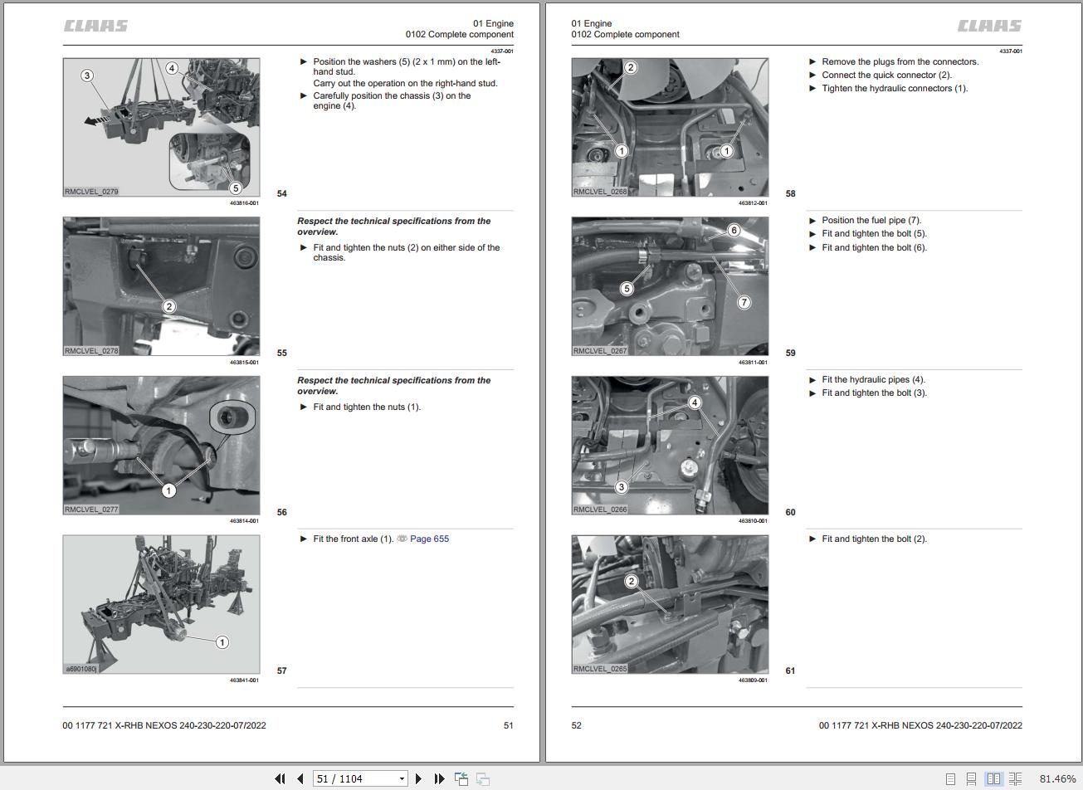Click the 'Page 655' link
[x=429, y=539]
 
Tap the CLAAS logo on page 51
[x=95, y=26]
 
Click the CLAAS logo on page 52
[x=990, y=26]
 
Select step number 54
[x=282, y=193]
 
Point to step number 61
[x=790, y=671]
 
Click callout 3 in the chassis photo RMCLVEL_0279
[x=87, y=76]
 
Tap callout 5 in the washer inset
[x=236, y=188]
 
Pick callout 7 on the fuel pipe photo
[x=744, y=303]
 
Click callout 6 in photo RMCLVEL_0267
[x=734, y=230]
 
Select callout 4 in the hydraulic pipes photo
[x=695, y=402]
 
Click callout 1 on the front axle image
[x=222, y=642]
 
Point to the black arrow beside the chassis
[x=97, y=120]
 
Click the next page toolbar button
[x=419, y=778]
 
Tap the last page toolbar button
[x=439, y=778]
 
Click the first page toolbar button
[x=280, y=778]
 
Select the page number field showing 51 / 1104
[x=359, y=778]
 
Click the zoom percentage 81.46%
[x=1057, y=778]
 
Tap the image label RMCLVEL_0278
[x=91, y=350]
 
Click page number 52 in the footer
[x=576, y=725]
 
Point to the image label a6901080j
[x=81, y=669]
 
